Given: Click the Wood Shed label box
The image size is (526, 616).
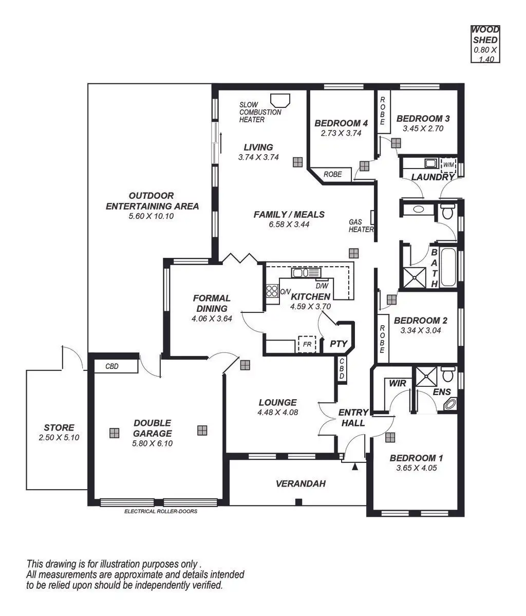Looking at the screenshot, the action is coord(485,44).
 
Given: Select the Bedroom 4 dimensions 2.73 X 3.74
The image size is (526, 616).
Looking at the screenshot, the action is coord(341,133).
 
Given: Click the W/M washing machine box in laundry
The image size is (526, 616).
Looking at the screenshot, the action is coord(448,164).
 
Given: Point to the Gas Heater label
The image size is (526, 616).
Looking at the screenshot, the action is coord(361,226).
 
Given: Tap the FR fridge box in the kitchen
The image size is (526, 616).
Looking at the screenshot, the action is coord(307,344).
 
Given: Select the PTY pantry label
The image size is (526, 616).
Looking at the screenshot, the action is coord(339,344).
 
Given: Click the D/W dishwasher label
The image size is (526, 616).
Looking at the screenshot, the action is coord(322,286).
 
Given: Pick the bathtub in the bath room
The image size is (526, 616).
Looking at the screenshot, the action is coord(448,268).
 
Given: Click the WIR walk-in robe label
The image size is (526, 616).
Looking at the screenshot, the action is coord(398,383).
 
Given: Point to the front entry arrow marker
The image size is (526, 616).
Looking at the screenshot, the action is coord(354,467).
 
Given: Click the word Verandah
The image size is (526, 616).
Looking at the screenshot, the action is coord(300,483).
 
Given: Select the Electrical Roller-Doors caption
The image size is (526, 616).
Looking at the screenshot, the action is coord(161,511).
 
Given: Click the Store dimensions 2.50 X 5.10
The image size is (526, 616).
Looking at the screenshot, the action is coord(59,438).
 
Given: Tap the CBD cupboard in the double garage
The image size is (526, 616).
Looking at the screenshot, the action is coord(112,366).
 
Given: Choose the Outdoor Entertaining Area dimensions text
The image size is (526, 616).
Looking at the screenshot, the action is coord(152,216).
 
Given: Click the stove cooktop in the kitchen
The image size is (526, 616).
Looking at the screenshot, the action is coord(272,291).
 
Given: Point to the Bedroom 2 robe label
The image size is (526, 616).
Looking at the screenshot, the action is coord(383,339).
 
